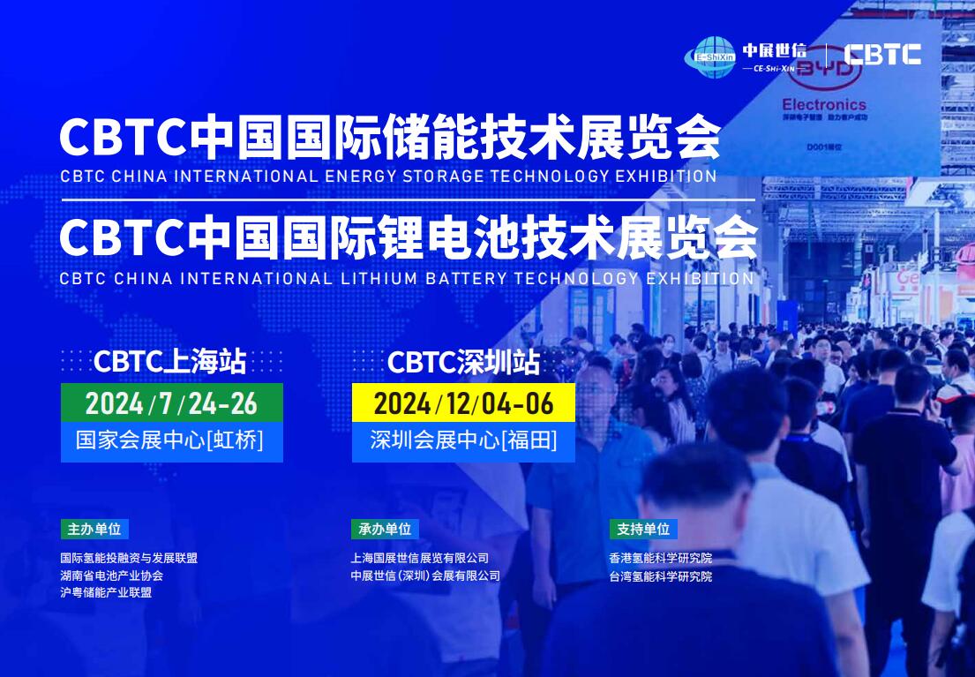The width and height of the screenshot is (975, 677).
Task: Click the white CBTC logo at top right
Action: (x=881, y=54)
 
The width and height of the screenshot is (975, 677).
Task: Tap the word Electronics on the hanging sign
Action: (x=824, y=104)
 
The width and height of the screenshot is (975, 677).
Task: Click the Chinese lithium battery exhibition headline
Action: (x=408, y=238)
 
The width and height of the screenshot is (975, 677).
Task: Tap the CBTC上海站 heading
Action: (x=169, y=362)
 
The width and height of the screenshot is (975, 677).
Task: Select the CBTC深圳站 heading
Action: (x=463, y=363)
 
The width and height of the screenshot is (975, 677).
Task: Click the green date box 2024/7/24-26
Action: (x=172, y=402)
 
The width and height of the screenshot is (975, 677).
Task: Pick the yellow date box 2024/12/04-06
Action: (x=463, y=403)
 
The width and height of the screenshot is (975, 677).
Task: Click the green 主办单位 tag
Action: (x=94, y=529)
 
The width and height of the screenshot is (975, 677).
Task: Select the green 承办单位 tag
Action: (x=385, y=529)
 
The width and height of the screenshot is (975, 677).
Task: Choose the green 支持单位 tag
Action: (x=643, y=529)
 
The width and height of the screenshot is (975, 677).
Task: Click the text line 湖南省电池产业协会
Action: (x=112, y=575)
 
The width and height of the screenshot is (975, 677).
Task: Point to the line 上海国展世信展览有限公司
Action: (x=420, y=558)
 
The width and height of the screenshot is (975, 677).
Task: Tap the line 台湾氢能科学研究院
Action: (x=661, y=576)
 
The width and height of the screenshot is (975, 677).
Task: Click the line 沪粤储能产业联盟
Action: (x=107, y=592)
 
